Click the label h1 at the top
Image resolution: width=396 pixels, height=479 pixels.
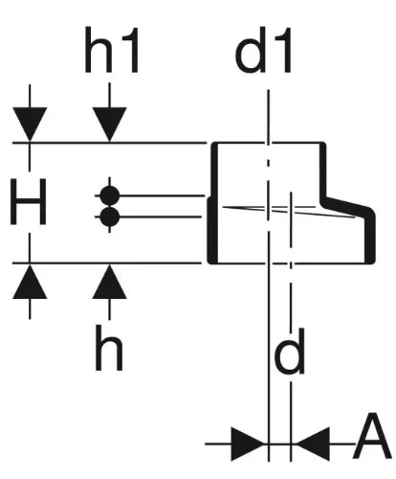pos(112,50)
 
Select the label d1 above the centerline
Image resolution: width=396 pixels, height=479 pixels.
pos(263,50)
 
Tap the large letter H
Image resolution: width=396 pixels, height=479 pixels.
pos(29,202)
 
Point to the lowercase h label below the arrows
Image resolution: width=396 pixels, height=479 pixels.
pos(109,348)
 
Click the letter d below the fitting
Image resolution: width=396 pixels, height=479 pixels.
pos(289,352)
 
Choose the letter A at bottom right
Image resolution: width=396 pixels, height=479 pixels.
pos(372,436)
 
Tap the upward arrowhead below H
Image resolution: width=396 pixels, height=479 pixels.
pos(30,282)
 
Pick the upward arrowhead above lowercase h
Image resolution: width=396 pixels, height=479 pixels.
pos(109,282)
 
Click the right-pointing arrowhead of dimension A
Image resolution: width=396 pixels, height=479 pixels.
pos(248,444)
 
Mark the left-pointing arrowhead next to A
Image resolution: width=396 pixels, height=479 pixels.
pos(313,444)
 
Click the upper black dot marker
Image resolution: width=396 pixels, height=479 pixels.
pos(110,195)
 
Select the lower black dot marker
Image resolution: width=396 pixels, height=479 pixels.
pos(110,217)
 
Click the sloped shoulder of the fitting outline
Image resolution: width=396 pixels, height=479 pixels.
pos(347,207)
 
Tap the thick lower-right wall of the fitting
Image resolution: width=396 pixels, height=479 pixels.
pos(370,238)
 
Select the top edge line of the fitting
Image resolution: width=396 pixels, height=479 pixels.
pos(269,143)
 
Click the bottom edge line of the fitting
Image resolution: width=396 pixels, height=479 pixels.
pos(290,263)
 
